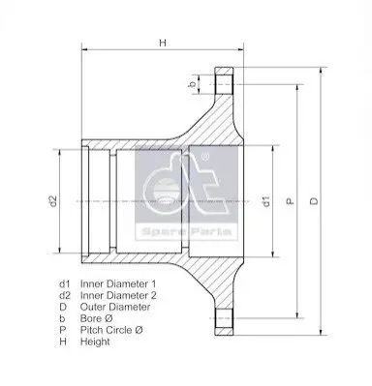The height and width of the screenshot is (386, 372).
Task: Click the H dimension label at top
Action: tap(163, 43)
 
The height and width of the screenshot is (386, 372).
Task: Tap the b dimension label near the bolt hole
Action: tap(193, 84)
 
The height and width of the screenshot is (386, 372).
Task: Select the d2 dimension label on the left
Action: tap(53, 201)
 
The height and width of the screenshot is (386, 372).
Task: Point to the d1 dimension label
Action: tap(266, 201)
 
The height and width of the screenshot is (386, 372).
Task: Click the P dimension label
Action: tap(291, 201)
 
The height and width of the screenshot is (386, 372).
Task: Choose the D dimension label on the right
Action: tap(314, 201)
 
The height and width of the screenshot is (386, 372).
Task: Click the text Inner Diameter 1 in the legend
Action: tap(118, 283)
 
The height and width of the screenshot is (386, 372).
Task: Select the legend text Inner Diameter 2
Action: tap(118, 295)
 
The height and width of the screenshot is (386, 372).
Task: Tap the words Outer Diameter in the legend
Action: tap(115, 307)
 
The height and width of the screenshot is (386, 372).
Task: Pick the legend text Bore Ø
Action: tap(97, 318)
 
